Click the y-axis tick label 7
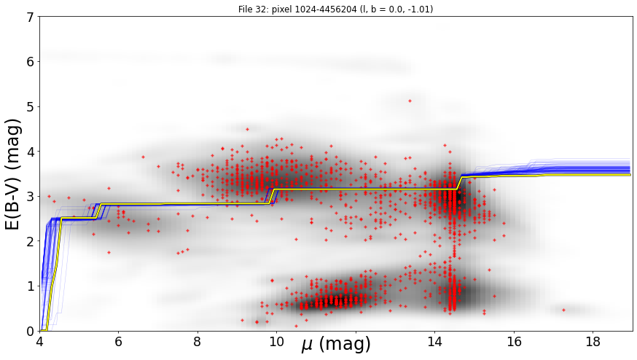point(31,17)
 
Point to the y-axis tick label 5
point(31,107)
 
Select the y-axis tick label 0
point(31,332)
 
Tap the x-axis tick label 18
point(593,342)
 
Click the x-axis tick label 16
point(514,342)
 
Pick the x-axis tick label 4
point(39,342)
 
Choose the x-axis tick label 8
point(198,342)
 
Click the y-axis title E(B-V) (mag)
point(13,174)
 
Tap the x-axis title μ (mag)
point(336,344)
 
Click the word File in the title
point(245,9)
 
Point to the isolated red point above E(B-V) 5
point(410,101)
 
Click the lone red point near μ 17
point(564,310)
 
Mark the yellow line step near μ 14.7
point(460,183)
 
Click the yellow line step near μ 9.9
point(272,196)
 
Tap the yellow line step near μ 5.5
point(98,211)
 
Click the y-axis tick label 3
point(31,197)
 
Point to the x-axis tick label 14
point(434,342)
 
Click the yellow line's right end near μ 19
point(630,175)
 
